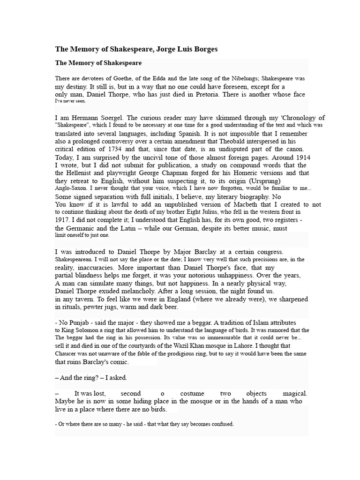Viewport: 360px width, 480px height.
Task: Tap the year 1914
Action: tap(300, 157)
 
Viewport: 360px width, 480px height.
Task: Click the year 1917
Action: tap(62, 220)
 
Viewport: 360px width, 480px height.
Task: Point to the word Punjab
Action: tap(80, 323)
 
